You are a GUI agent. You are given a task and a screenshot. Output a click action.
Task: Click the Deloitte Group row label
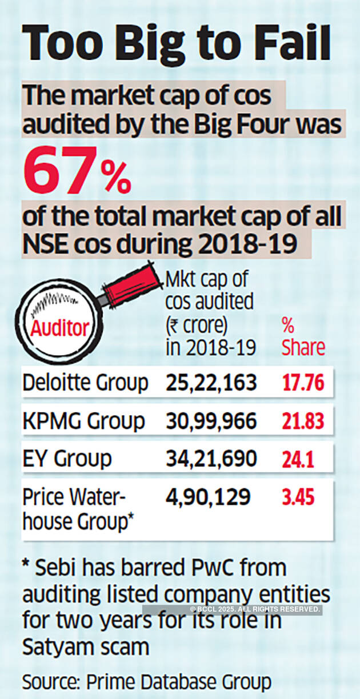tap(85, 383)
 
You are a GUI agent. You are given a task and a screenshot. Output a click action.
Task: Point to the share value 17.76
tap(303, 383)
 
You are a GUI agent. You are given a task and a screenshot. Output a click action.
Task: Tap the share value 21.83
tap(303, 421)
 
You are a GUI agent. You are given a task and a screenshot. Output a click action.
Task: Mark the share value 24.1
tap(298, 459)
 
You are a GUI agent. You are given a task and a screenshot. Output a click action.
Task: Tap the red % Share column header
tap(303, 336)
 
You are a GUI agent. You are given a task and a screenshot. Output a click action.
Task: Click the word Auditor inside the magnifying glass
tap(60, 328)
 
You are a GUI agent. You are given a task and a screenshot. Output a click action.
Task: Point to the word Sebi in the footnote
tap(59, 569)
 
